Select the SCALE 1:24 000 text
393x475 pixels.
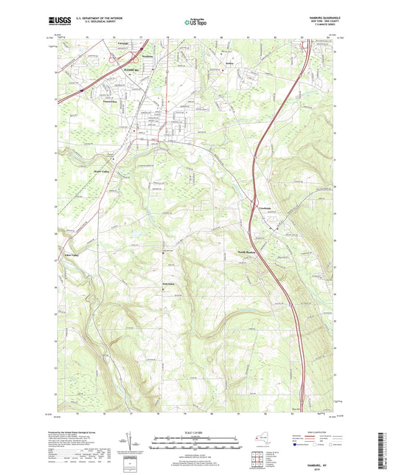196,432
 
